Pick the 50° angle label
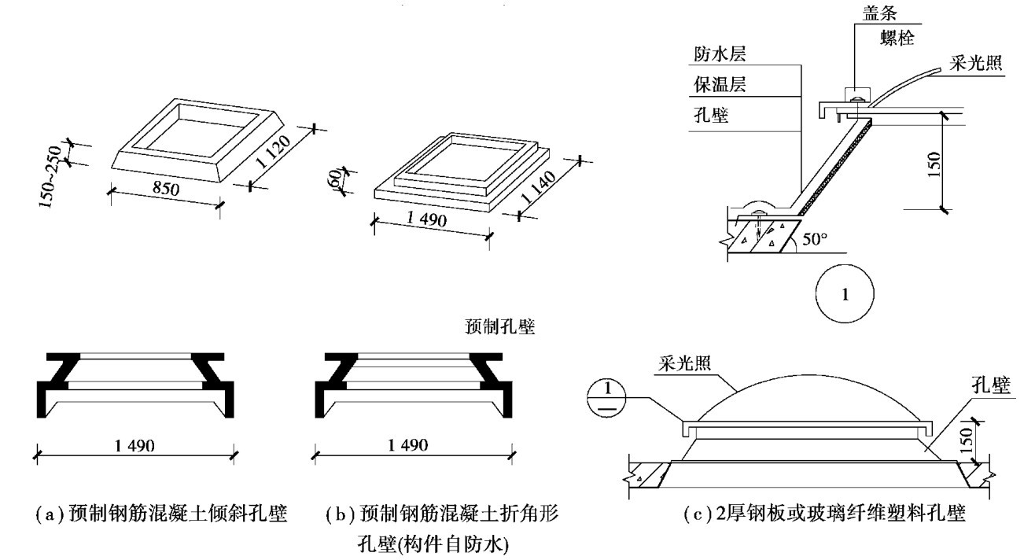click(816, 238)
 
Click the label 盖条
click(873, 13)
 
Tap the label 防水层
click(719, 55)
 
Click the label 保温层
click(719, 85)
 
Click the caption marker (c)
click(695, 515)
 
